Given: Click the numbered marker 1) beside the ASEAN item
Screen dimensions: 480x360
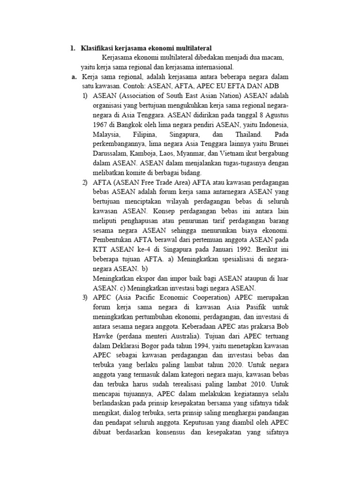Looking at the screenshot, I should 85,97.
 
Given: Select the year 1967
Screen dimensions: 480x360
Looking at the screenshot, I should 101,125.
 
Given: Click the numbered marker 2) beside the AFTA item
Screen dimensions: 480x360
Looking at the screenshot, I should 85,183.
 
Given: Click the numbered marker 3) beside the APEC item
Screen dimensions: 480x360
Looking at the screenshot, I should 85,298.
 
